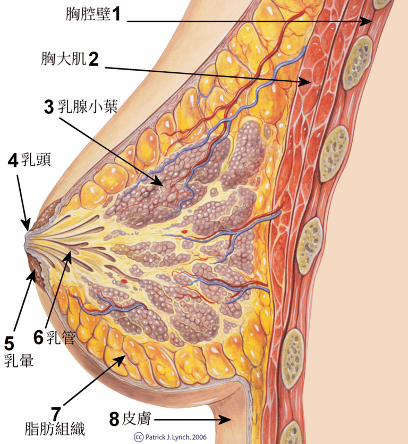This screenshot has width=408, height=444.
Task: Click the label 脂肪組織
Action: [55, 428]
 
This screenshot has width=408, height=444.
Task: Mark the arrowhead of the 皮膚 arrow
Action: [229, 420]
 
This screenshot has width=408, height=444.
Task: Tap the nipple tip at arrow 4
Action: [26, 230]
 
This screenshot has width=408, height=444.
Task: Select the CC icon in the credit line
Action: [139, 437]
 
